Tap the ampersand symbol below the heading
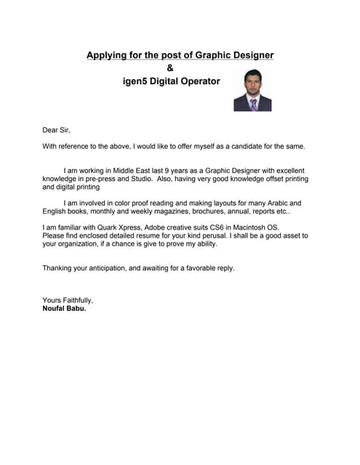170,68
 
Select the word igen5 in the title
137,81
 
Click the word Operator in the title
200,81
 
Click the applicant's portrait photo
252,90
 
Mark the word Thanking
59,268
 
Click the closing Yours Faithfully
68,300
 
